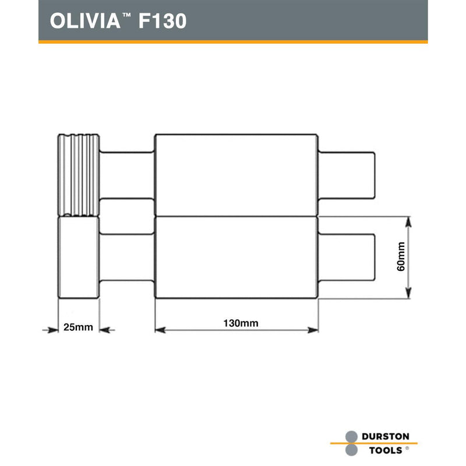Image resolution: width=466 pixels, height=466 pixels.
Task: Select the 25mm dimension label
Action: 78,327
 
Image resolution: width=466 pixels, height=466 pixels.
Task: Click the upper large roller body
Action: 236,174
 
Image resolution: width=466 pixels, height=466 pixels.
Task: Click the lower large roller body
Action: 236,257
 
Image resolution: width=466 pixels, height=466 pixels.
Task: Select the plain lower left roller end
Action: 79,257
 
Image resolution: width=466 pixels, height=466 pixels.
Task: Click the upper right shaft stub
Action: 347,174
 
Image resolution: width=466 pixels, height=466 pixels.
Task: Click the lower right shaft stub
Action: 347,256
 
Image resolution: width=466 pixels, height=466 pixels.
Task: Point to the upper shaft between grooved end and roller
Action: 127,174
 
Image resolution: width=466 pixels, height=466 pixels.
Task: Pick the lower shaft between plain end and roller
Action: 127,256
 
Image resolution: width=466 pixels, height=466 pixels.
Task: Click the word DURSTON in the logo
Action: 386,436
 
